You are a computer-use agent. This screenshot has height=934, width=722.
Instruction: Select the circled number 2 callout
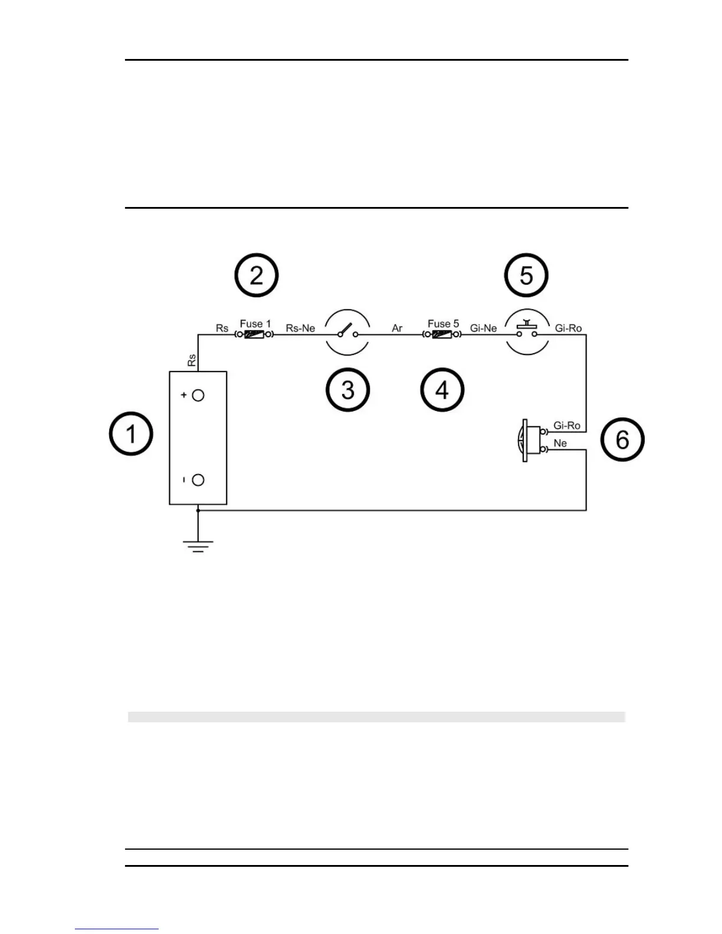point(257,275)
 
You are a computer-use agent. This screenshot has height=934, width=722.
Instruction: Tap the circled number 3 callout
point(348,390)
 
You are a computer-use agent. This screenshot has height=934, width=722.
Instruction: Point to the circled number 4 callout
point(442,390)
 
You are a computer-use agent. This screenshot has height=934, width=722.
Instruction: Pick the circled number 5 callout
point(526,275)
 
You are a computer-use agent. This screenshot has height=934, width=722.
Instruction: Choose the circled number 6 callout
point(622,439)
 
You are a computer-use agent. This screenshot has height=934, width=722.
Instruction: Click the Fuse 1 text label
point(255,324)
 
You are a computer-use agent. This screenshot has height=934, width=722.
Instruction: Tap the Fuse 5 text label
point(443,324)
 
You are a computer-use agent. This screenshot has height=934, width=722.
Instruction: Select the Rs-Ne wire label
point(300,328)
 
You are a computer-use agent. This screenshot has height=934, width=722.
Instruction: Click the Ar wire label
point(397,328)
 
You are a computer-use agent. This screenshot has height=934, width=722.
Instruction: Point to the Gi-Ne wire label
point(483,328)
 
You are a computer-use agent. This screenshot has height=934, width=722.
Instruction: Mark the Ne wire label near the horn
point(560,443)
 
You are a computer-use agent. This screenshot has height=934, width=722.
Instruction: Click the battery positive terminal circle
point(198,396)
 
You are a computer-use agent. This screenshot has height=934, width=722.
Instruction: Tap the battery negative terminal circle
point(198,480)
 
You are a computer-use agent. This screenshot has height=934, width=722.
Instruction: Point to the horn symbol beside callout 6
point(531,440)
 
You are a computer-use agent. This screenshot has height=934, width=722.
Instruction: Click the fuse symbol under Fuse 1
point(254,335)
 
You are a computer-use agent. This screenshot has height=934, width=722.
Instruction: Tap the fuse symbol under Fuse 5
point(442,335)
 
